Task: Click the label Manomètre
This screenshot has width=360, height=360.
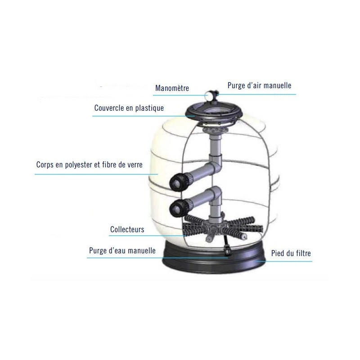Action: coord(172,88)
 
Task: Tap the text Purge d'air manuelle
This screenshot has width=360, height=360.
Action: coord(260,85)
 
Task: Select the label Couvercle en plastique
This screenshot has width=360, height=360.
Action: coord(129,108)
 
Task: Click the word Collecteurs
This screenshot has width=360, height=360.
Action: coord(127,229)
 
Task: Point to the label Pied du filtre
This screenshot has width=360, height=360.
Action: coord(291,253)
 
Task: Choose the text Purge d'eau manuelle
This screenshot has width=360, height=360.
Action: coord(122,251)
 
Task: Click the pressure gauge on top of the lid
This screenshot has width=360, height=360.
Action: coord(210,94)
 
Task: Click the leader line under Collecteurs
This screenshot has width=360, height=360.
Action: coord(148,235)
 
